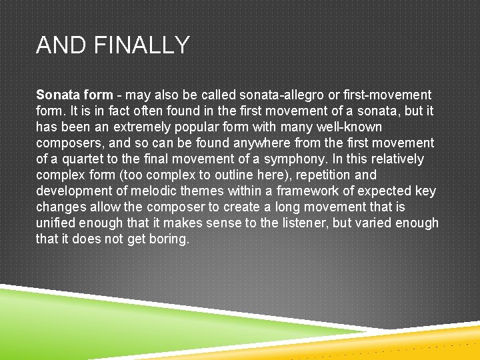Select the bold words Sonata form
pos(74,95)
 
